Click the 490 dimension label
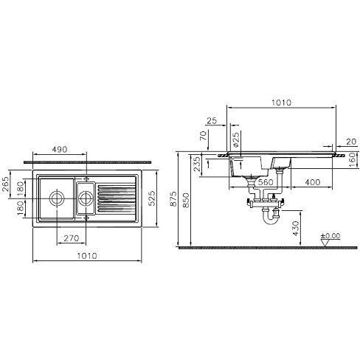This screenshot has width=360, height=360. (x=60, y=149)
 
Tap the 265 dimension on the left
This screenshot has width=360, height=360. (x=5, y=184)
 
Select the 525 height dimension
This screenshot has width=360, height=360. (x=152, y=198)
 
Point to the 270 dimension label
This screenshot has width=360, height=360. (x=72, y=238)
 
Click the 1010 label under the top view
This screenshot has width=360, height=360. (x=87, y=256)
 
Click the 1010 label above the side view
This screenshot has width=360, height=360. (x=281, y=103)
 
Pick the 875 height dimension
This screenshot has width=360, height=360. (x=173, y=198)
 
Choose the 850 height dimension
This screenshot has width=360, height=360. (x=187, y=200)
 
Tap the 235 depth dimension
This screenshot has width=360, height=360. (x=197, y=164)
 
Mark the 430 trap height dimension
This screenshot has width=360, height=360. (x=296, y=228)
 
